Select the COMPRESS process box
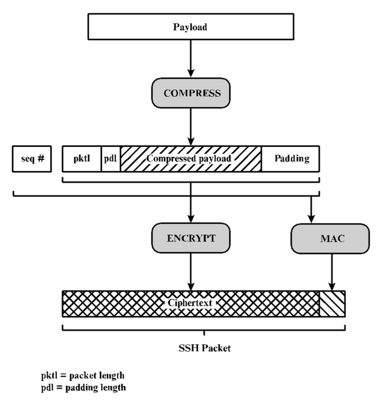click(191, 93)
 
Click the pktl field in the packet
click(82, 158)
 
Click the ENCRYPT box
click(191, 238)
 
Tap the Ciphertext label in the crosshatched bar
click(190, 304)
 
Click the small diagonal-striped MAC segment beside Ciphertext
click(332, 304)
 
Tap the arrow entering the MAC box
click(311, 209)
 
